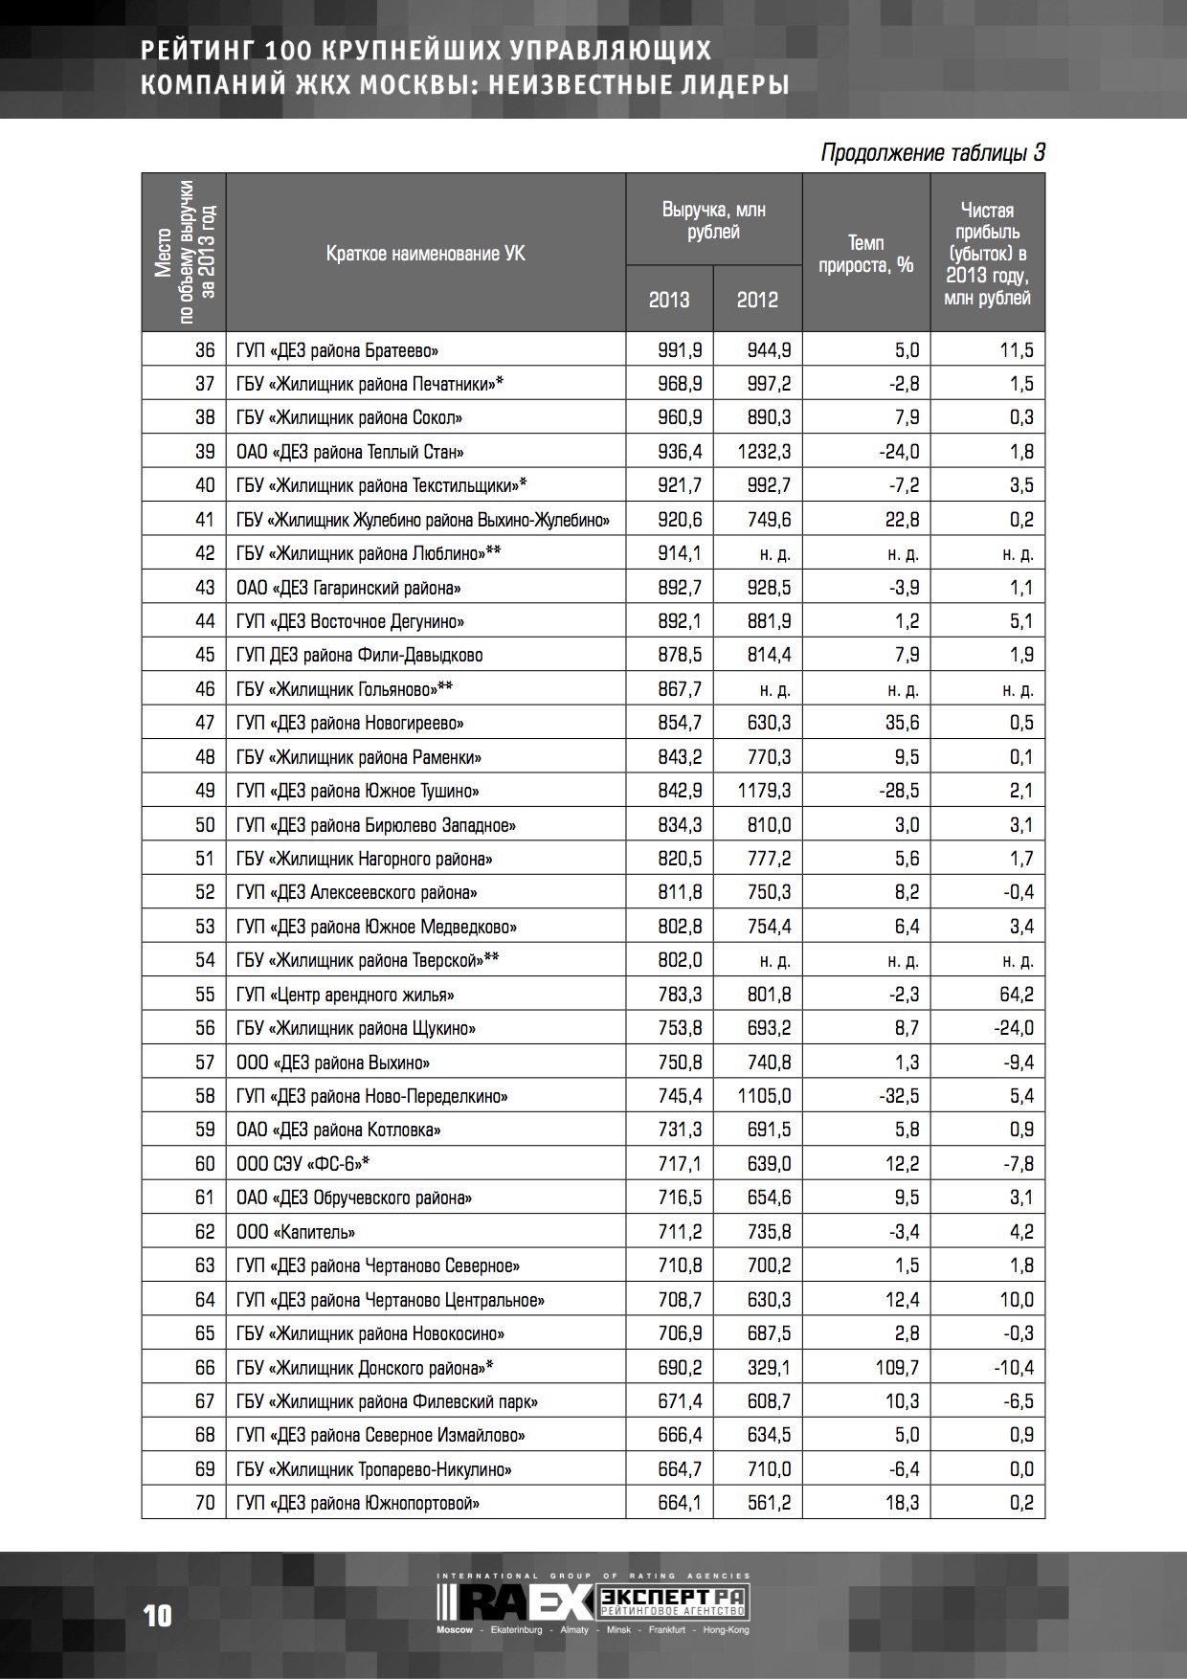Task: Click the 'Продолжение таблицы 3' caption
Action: point(932,153)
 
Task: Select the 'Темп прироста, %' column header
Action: point(865,254)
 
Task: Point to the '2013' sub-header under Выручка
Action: point(669,300)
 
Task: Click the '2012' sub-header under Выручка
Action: point(757,300)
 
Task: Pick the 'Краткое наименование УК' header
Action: point(425,254)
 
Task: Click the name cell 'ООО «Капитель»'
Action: point(296,1232)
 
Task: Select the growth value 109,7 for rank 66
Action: point(897,1368)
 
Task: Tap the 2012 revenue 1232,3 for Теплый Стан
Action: point(764,452)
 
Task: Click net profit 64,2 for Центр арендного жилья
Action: point(1016,995)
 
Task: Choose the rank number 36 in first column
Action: point(205,350)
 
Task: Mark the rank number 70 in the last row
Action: point(205,1503)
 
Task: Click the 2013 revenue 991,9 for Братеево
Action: point(680,350)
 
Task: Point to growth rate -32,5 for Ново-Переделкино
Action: point(899,1096)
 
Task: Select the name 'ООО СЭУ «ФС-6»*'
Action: point(302,1164)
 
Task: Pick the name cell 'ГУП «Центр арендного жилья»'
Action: point(345,995)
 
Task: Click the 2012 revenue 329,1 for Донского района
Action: point(769,1368)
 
